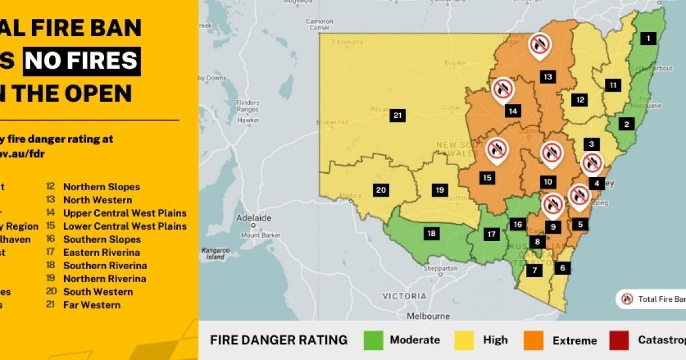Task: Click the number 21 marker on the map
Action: click(398, 115)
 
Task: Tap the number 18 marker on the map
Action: click(431, 233)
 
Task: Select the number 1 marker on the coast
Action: click(648, 39)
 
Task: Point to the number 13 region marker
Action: click(548, 77)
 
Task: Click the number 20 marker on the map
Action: click(381, 190)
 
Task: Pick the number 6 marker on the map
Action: click(563, 267)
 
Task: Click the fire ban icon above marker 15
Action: click(497, 150)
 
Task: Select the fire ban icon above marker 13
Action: click(540, 44)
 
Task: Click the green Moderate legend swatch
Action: click(373, 341)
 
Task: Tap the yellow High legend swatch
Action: click(464, 341)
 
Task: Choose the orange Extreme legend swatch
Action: click(533, 341)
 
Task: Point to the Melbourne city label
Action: click(428, 316)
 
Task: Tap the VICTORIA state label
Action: click(405, 296)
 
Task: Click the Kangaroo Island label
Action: click(215, 254)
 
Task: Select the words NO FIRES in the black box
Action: click(82, 61)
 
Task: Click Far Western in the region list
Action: click(92, 305)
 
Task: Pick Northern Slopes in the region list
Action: click(101, 187)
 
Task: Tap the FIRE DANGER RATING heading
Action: click(278, 341)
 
